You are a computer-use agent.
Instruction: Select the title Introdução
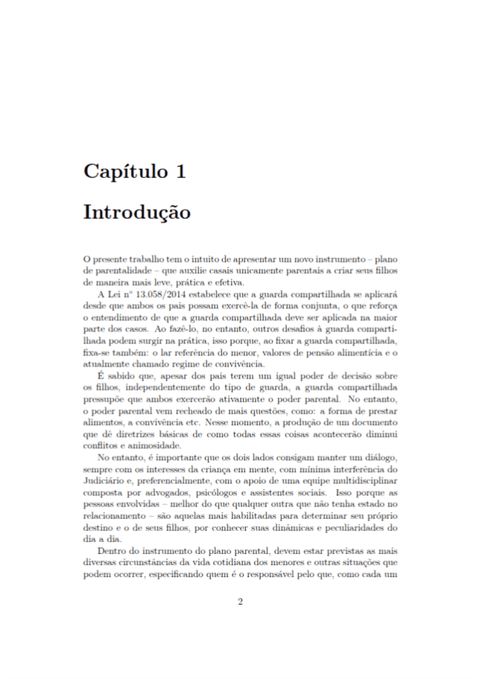click(136, 212)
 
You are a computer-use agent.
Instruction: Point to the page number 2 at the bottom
click(239, 602)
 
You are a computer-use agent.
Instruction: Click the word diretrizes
click(130, 433)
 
